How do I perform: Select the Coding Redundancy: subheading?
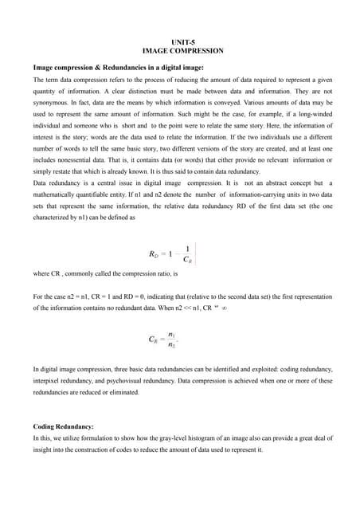(63, 426)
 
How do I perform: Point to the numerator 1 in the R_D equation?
(186, 248)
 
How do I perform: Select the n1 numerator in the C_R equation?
(173, 335)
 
